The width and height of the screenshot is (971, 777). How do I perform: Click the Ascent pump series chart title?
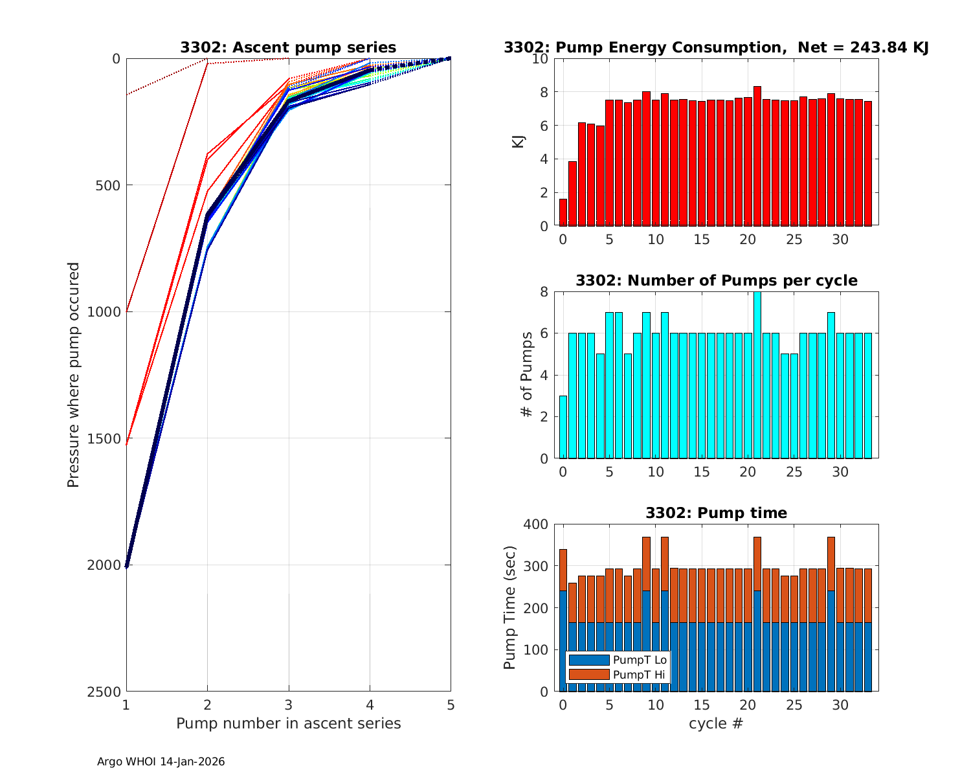pos(288,47)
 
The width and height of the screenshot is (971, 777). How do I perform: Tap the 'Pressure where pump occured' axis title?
pos(74,374)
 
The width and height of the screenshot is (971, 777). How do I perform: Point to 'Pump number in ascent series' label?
pos(288,723)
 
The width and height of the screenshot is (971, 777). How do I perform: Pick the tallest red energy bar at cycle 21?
pos(757,156)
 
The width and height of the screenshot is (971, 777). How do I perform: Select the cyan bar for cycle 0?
pos(563,427)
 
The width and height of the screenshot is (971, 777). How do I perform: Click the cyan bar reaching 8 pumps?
pos(757,376)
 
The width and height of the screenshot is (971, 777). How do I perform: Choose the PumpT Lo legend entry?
pos(618,660)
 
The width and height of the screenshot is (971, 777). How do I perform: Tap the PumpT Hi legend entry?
pos(618,675)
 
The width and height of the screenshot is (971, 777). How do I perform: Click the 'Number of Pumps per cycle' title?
pos(717,280)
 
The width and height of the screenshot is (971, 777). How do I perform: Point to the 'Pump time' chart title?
pos(717,513)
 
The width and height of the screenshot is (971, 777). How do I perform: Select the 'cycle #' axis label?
pos(717,723)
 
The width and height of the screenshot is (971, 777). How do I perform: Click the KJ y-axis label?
pos(519,141)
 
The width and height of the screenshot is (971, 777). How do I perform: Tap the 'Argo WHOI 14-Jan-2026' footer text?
pos(161,762)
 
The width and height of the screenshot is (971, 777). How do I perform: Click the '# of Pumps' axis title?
pos(528,374)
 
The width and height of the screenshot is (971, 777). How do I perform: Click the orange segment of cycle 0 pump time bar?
pos(563,570)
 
